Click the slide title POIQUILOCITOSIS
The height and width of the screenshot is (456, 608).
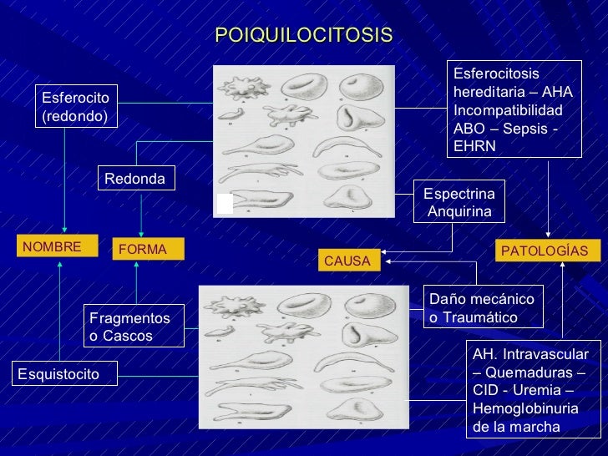(303, 35)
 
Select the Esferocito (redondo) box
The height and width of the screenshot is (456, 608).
(76, 106)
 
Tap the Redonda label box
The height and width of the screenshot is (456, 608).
(135, 179)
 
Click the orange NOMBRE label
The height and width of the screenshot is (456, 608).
(53, 247)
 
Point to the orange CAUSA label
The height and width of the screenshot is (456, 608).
(347, 261)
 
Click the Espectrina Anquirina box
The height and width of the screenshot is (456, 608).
(459, 201)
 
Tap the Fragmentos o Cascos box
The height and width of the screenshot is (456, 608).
(129, 327)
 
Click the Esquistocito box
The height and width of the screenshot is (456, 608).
(63, 373)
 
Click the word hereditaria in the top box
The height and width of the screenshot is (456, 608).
(487, 92)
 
